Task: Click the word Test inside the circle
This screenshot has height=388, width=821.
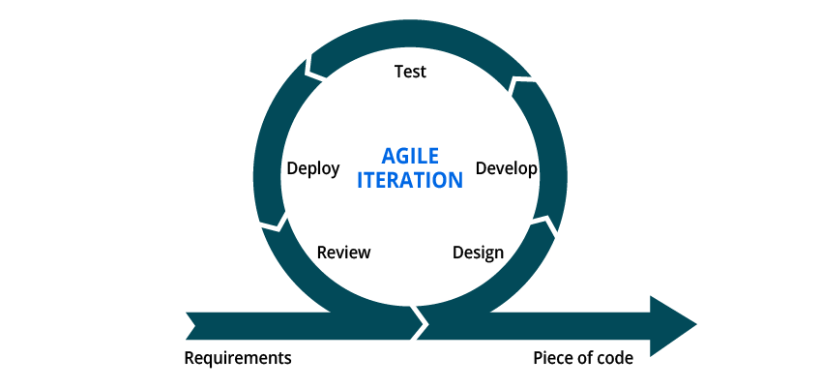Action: pos(410,72)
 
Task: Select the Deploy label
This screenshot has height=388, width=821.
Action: pos(313,168)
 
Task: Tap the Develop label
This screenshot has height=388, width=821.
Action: pos(506,168)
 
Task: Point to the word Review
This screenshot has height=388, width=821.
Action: pos(343,253)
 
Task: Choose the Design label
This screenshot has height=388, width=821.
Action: pos(478,253)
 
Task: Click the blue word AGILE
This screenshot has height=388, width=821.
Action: pos(410,156)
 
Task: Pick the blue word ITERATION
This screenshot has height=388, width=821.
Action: pos(410,180)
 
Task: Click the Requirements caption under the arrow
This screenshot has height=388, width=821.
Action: pos(238,359)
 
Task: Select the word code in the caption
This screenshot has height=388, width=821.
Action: pos(615,359)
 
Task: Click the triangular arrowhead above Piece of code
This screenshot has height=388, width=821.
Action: pos(673,326)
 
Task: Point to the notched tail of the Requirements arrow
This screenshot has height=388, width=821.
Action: pos(191,326)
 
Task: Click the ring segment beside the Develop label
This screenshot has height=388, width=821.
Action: pos(550,152)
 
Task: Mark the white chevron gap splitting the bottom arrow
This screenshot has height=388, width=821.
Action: pos(421,323)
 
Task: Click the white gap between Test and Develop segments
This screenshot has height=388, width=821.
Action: pos(519,80)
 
